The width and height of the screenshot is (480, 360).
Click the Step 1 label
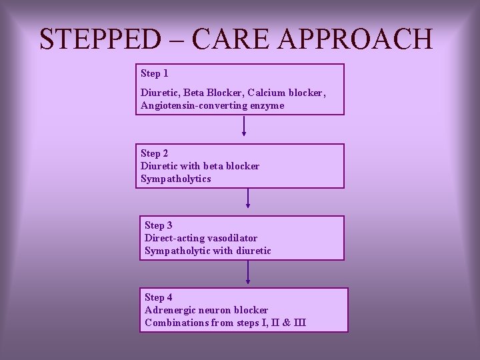pos(155,73)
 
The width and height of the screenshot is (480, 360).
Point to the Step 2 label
pos(155,153)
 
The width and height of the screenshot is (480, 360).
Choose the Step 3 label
pos(159,225)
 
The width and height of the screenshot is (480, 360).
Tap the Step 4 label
pos(159,297)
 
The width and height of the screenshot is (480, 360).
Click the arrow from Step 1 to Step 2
pos(244,126)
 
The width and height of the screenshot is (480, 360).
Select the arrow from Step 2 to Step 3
pos(248,198)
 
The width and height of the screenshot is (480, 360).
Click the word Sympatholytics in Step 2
pos(175,179)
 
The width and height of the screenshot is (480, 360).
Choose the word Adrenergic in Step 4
pos(170,310)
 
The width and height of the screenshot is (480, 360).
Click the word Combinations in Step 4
pos(176,323)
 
